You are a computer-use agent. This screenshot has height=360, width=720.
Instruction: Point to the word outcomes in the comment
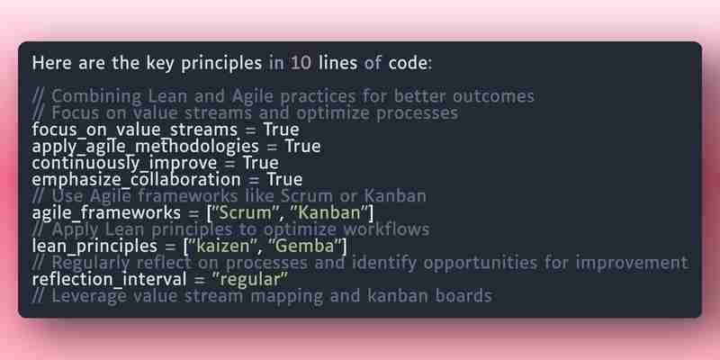click(493, 96)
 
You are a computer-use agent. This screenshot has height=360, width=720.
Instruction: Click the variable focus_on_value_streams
click(134, 130)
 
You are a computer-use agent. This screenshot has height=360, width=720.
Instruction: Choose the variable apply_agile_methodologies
click(146, 147)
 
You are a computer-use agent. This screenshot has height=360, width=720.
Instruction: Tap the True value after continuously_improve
click(261, 163)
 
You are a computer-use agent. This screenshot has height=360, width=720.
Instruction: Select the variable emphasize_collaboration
click(137, 179)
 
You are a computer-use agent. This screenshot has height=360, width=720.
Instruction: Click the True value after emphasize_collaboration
click(284, 179)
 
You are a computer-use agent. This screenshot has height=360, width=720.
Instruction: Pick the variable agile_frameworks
click(106, 212)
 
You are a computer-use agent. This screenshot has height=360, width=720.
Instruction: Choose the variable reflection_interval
click(109, 279)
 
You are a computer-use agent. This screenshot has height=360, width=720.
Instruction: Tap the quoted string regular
click(250, 279)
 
